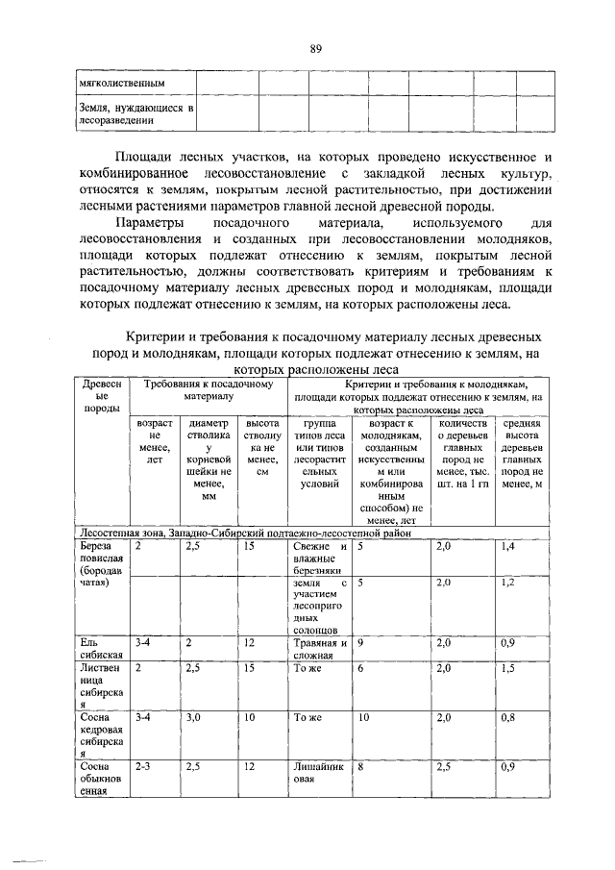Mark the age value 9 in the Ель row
(x=360, y=643)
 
